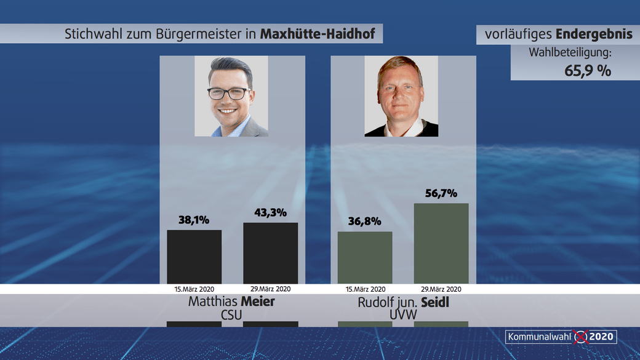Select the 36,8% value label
coord(365,221)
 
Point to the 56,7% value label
coord(441,193)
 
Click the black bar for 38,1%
coord(194,257)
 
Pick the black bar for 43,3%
coord(270,253)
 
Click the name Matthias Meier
coord(231,302)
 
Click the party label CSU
coord(231,315)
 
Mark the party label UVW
coord(403,315)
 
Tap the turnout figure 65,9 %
coord(588,70)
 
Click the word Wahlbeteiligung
coord(570,52)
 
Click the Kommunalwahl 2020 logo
coord(560,337)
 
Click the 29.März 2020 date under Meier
coord(270,289)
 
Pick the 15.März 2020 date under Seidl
coord(365,289)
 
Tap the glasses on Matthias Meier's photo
coord(229,94)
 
